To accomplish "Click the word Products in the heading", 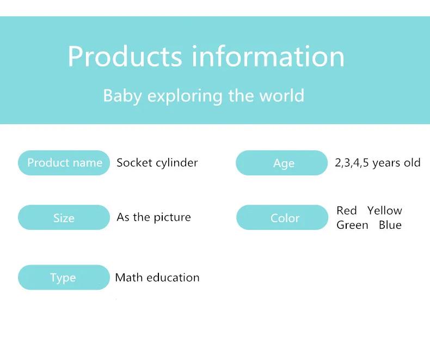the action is [x=125, y=56].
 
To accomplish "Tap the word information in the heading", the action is [x=268, y=56].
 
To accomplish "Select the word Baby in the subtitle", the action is [x=122, y=96].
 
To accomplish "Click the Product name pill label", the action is [x=64, y=163].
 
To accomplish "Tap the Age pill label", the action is [x=281, y=163].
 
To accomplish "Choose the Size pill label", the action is [x=64, y=217].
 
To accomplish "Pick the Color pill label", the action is [x=282, y=217].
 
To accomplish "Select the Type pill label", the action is [x=64, y=277].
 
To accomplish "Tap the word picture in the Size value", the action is [x=172, y=218].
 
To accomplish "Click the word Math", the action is [x=129, y=277].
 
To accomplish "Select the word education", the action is [x=173, y=277].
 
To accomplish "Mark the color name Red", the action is [x=347, y=210].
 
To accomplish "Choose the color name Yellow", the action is [x=385, y=210].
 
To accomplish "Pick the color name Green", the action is [x=352, y=225].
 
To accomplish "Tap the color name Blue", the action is [x=390, y=225].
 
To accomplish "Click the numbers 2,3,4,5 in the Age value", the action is [x=352, y=163].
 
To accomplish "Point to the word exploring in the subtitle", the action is [x=185, y=96].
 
